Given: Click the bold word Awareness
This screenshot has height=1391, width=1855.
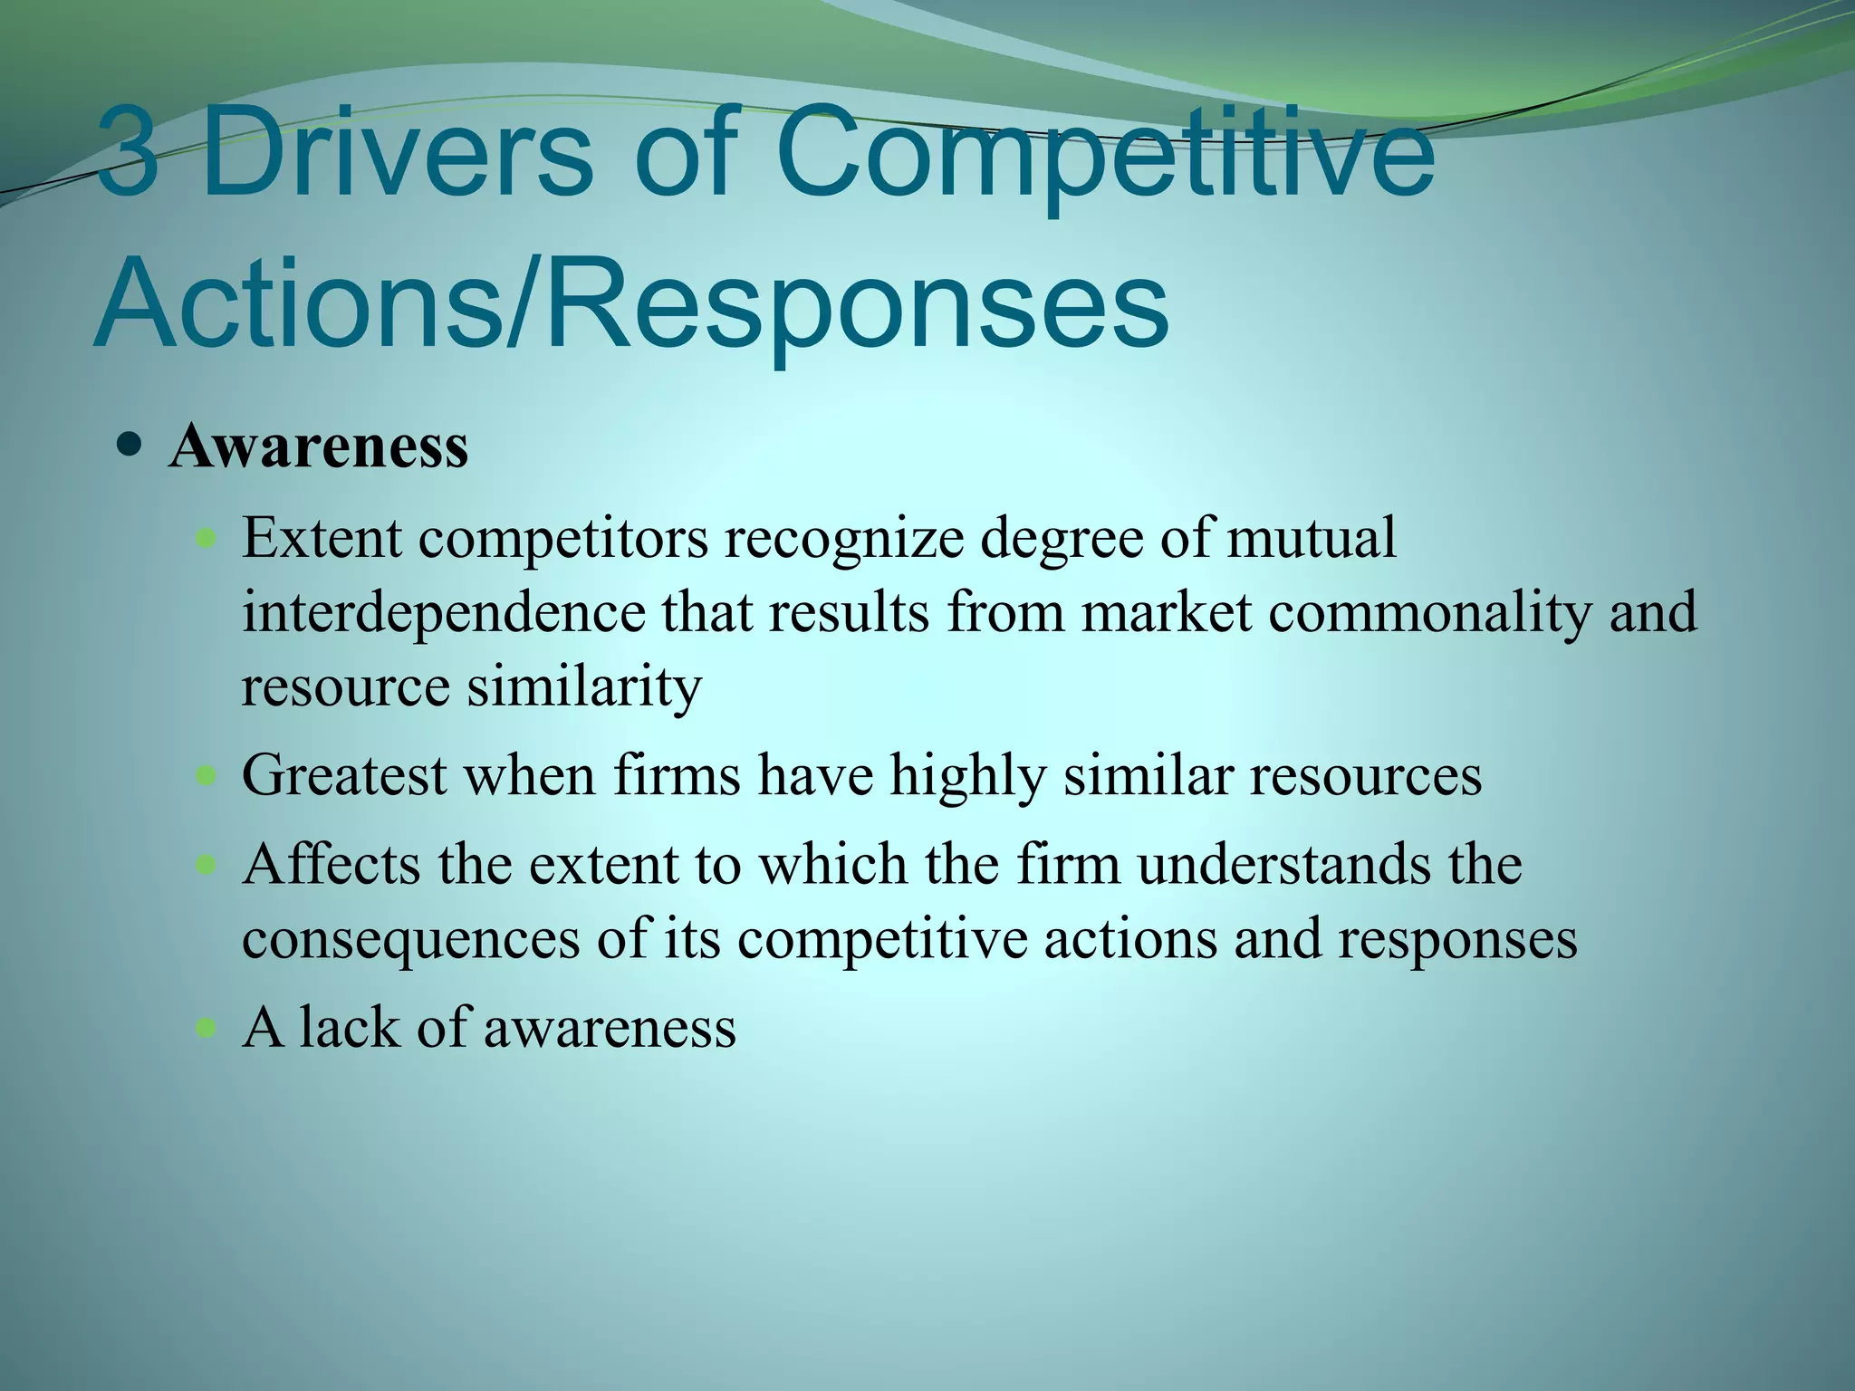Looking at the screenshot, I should pyautogui.click(x=318, y=446).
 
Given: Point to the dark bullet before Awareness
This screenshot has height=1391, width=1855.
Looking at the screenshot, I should pyautogui.click(x=130, y=446).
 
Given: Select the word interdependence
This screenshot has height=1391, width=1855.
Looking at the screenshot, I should pyautogui.click(x=443, y=612).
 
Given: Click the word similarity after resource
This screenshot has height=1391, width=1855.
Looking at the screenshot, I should pyautogui.click(x=584, y=686).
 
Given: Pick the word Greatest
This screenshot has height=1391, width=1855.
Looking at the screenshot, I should pyautogui.click(x=344, y=776).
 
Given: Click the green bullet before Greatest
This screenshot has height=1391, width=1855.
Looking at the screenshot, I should pyautogui.click(x=207, y=776).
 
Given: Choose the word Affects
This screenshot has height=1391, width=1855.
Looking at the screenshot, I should pyautogui.click(x=332, y=864).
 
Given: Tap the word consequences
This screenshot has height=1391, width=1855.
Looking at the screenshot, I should pyautogui.click(x=410, y=938).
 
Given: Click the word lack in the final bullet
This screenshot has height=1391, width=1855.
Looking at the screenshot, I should pyautogui.click(x=349, y=1027).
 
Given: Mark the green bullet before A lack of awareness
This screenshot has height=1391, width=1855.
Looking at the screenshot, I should pyautogui.click(x=207, y=1028).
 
